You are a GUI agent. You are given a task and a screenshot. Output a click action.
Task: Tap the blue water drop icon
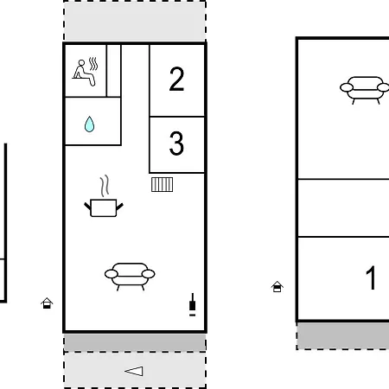point(90,124)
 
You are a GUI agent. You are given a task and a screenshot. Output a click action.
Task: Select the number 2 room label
point(176,79)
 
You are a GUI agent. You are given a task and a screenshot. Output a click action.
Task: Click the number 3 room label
point(176,143)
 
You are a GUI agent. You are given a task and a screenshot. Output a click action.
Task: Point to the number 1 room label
point(371,277)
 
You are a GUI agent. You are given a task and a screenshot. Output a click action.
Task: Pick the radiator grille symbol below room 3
point(163,184)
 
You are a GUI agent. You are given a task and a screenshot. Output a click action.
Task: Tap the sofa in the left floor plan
point(130,276)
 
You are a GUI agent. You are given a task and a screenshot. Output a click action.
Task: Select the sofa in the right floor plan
point(365,90)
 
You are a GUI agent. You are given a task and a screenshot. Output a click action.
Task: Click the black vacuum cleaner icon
point(193,305)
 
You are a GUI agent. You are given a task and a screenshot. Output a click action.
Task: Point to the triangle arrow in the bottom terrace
point(134,371)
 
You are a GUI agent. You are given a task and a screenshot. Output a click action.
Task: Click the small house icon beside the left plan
point(47,303)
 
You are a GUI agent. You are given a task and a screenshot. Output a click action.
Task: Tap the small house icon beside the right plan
point(277,287)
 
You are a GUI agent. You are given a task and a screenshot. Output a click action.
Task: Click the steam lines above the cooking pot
point(105,186)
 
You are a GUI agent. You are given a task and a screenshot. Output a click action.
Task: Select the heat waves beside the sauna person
point(93,64)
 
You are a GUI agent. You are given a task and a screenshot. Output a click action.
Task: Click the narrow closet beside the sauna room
point(114,71)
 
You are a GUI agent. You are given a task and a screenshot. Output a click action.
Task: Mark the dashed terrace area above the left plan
point(135,21)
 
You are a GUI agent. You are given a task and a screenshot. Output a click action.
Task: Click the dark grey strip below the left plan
point(135,342)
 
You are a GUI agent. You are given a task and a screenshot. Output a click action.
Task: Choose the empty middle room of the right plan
point(343,208)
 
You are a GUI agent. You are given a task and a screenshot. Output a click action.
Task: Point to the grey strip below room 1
point(343,335)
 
